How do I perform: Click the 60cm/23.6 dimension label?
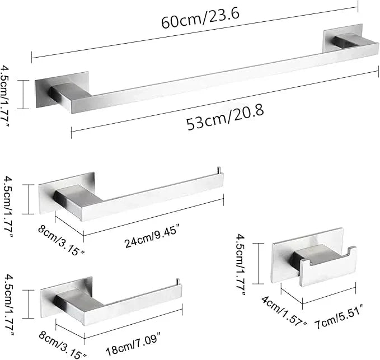pos(200,18)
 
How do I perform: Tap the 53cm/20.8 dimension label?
pos(225,118)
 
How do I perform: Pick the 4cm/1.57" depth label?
pos(284,311)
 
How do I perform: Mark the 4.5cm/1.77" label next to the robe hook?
pos(241,264)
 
